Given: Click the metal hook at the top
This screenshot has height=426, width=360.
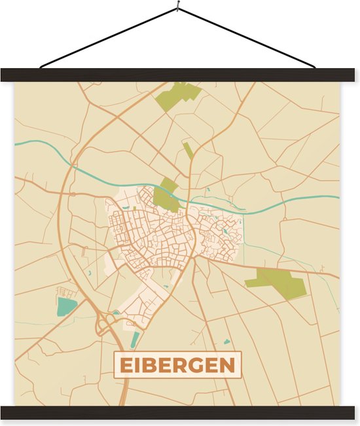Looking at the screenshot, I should (177, 9).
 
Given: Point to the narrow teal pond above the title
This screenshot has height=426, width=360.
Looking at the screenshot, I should (135, 340).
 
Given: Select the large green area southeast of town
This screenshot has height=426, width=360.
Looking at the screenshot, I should (276, 281).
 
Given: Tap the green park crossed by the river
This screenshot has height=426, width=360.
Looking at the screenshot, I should (166, 195).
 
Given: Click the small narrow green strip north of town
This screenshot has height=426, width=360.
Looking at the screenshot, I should (189, 152).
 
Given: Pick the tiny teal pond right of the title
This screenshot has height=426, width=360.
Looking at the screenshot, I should (226, 342).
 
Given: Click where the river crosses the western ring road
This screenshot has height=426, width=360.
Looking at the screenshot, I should (72, 164).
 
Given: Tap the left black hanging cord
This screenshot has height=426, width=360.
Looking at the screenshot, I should (108, 38).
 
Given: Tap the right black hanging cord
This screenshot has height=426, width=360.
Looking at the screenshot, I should (247, 38).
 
